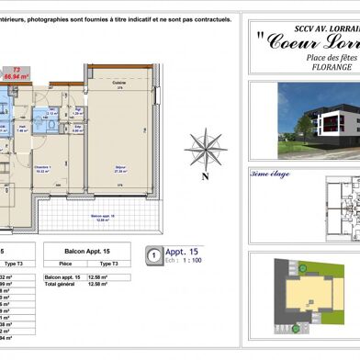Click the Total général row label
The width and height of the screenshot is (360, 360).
click(x=60, y=284)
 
